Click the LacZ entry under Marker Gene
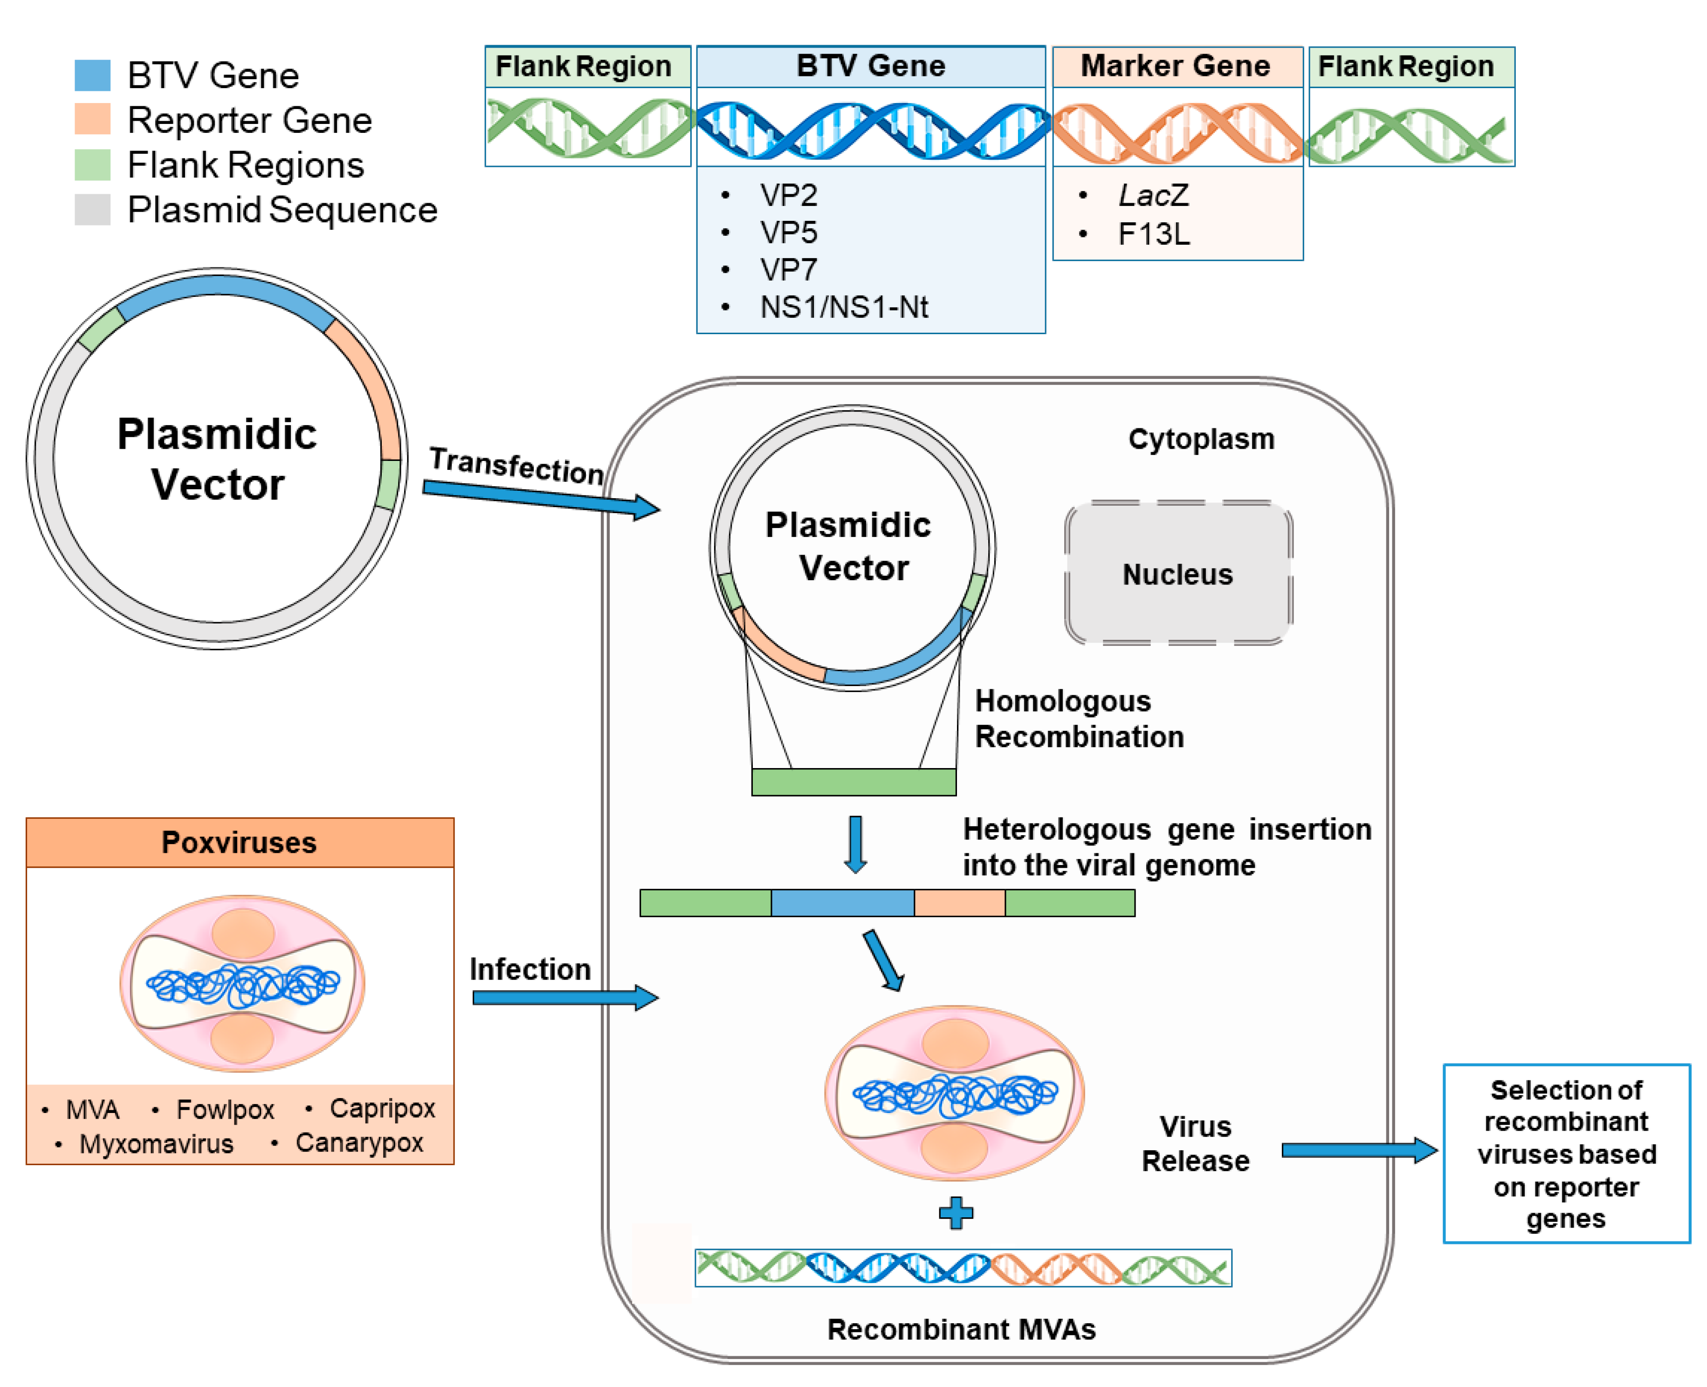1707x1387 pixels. point(1153,195)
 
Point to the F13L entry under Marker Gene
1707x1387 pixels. point(1153,234)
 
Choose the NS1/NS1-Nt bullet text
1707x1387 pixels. point(844,307)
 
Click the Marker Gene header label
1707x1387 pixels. point(1175,66)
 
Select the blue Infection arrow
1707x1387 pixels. point(565,997)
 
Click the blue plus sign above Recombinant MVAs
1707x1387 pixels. point(956,1213)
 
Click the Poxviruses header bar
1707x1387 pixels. point(240,842)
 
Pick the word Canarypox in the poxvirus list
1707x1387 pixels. point(359,1142)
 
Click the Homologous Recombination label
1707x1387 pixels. point(1079,718)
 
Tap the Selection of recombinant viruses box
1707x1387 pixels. point(1566,1153)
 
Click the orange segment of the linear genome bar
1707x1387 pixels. point(959,903)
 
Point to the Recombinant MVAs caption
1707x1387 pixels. point(961,1330)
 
